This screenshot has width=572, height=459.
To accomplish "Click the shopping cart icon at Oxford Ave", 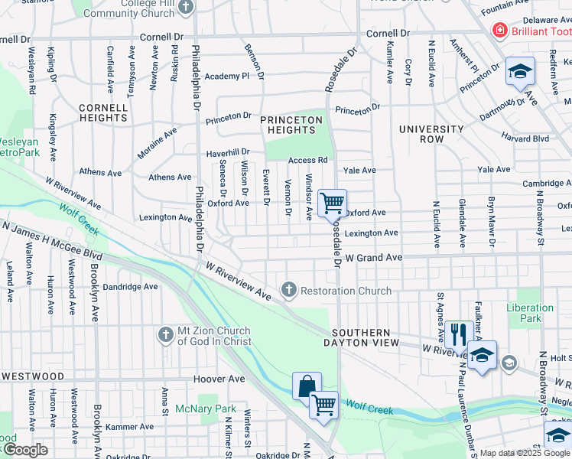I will [332, 203].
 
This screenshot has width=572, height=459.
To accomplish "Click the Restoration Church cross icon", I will [288, 290].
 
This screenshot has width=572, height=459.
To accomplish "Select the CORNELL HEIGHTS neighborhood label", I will [102, 113].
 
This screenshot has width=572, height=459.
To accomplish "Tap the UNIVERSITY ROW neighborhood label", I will [431, 134].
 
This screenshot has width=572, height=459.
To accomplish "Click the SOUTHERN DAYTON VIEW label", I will [366, 338].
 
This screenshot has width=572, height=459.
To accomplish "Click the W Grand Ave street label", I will [372, 258].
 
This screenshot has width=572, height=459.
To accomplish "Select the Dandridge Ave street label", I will [130, 287].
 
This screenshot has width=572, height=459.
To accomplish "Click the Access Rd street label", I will [307, 161].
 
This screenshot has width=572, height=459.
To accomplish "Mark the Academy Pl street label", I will [226, 76].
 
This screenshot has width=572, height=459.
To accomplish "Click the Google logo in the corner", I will [24, 450].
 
